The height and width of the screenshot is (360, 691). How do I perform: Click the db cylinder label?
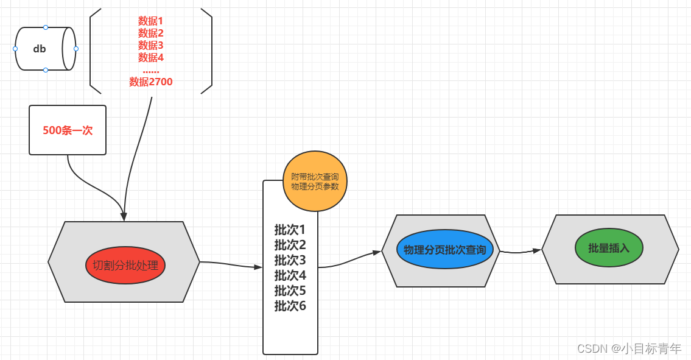39,49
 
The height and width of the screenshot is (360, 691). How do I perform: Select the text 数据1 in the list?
151,21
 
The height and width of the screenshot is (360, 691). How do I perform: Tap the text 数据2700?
151,82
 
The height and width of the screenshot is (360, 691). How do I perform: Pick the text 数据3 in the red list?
151,45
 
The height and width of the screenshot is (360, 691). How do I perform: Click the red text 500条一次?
68,130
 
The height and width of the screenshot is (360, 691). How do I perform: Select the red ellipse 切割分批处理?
125,265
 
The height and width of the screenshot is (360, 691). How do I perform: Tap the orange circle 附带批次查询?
315,182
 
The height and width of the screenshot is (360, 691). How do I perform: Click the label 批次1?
290,230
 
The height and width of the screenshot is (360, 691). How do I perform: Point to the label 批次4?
290,275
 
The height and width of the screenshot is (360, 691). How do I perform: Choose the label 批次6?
290,306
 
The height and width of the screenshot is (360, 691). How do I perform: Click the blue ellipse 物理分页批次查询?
444,249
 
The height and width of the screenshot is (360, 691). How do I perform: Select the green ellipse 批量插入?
609,248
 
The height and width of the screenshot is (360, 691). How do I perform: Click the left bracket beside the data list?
91,51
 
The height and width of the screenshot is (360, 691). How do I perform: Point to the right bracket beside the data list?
211,51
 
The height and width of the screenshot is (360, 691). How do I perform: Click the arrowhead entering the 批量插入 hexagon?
537,250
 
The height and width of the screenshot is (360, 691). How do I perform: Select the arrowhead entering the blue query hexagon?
377,252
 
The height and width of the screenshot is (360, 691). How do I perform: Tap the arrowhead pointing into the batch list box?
258,267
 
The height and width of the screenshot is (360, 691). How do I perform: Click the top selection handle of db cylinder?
46,27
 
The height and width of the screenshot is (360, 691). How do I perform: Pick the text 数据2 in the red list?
151,33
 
